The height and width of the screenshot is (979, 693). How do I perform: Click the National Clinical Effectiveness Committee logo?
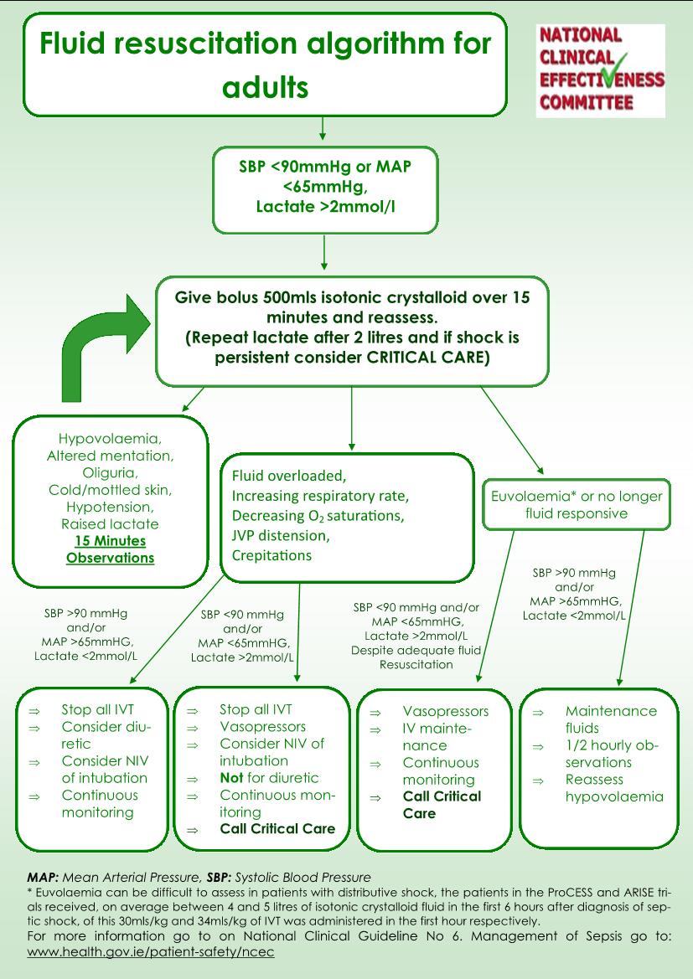(x=601, y=70)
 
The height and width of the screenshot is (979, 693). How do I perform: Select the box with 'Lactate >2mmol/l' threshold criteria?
(x=325, y=190)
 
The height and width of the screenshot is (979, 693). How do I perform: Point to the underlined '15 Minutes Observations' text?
(x=110, y=549)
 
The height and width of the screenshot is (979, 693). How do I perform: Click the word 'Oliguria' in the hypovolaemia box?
(x=110, y=472)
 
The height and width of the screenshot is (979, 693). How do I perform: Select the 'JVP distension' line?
(x=281, y=536)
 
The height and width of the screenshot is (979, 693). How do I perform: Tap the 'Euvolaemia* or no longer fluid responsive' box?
(x=577, y=504)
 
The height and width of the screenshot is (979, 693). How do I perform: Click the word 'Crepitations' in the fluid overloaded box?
(x=272, y=556)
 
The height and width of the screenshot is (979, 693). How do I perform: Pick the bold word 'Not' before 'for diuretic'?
(x=231, y=778)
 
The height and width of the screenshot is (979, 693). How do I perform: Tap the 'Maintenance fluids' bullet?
(x=611, y=719)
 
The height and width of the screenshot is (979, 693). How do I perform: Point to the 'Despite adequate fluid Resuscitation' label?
(x=416, y=657)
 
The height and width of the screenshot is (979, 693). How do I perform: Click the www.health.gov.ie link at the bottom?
(x=151, y=952)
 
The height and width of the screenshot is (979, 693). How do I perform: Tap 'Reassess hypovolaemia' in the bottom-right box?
(x=614, y=788)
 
